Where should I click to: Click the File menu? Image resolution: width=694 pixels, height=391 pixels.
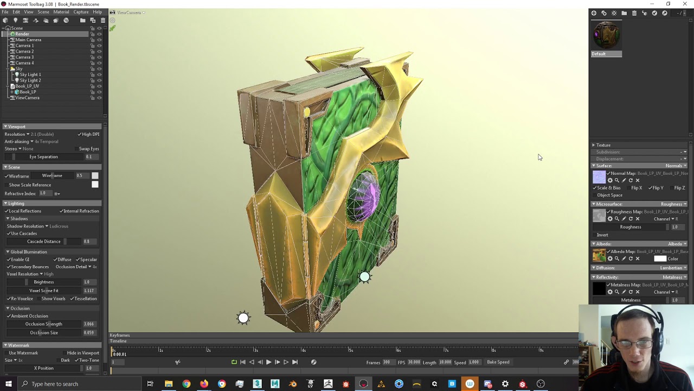tap(5, 12)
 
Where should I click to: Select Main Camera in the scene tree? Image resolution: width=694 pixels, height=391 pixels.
tap(28, 40)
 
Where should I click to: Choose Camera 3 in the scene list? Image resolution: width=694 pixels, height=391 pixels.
tap(24, 57)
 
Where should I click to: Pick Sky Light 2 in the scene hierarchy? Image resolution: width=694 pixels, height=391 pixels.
tap(30, 80)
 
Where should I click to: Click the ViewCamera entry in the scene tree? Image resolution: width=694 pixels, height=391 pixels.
tap(27, 98)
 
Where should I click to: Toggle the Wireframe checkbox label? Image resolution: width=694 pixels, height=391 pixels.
tap(19, 176)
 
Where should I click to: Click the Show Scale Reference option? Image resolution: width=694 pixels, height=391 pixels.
tap(30, 185)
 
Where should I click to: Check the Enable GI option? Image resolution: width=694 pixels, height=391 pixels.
tap(20, 260)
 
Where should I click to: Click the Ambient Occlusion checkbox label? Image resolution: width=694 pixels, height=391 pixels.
tap(29, 316)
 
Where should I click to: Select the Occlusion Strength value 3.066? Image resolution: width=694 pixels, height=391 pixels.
tap(88, 324)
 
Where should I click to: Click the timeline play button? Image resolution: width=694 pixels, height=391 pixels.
tap(268, 362)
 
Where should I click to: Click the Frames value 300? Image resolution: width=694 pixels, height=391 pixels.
tap(386, 362)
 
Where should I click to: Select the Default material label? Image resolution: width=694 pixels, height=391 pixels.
tap(599, 54)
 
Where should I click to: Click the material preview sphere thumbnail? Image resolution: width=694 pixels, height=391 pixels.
tap(606, 35)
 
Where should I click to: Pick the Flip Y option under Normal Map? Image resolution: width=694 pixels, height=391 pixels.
tap(658, 188)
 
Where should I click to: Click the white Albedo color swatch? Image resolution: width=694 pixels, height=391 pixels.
tap(660, 258)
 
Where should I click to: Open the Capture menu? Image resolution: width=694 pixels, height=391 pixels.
tap(81, 12)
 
